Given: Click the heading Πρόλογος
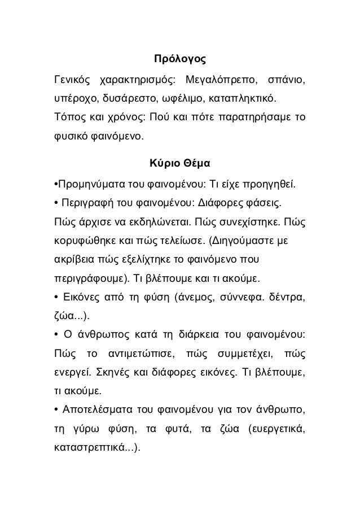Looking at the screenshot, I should tap(179, 59).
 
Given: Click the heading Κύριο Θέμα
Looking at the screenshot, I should tap(179, 164).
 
